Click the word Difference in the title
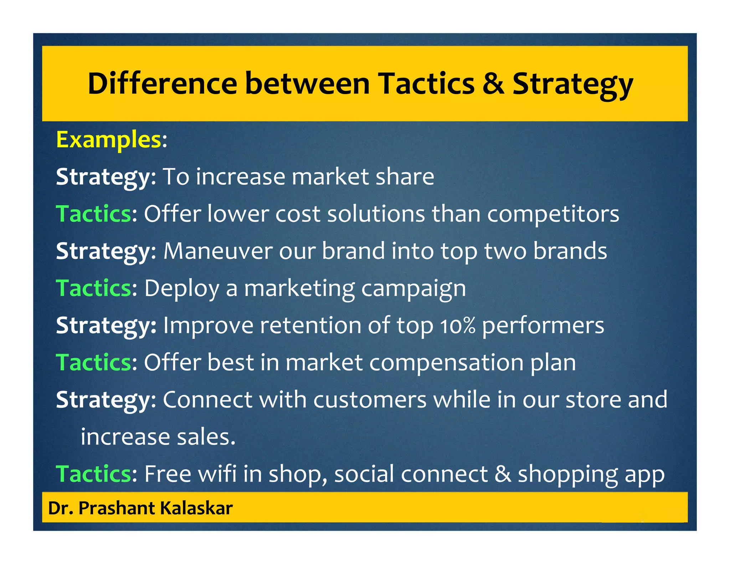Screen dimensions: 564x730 point(162,84)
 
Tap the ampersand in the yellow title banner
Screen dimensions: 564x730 point(493,84)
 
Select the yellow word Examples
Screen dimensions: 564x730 point(109,140)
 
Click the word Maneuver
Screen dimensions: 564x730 point(218,251)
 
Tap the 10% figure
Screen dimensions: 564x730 point(458,326)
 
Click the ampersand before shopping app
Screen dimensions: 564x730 point(503,474)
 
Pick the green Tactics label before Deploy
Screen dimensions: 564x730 point(94,288)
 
